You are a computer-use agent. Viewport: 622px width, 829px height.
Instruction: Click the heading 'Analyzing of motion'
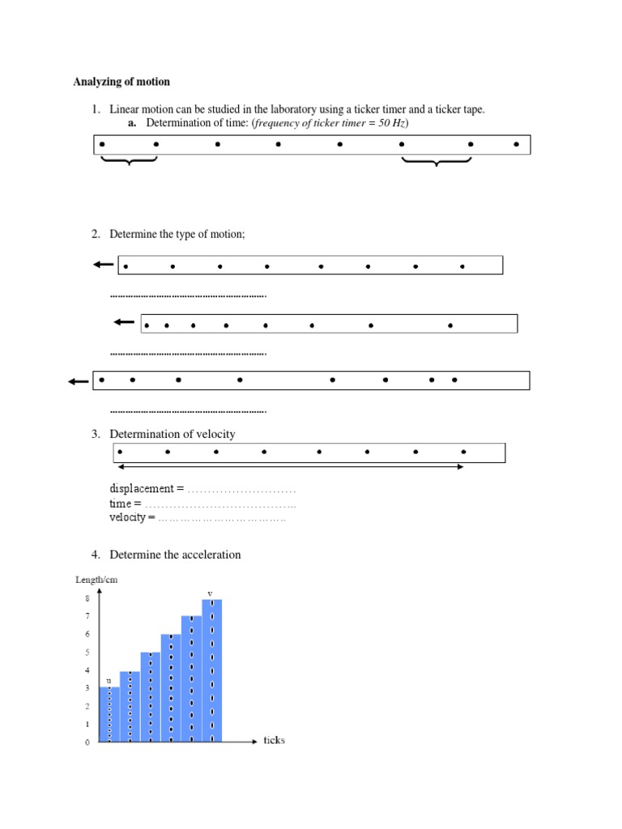pos(121,82)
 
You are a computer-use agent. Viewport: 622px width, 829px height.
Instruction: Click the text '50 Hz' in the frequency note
pos(392,123)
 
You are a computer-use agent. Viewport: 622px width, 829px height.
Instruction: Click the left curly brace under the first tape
pos(129,162)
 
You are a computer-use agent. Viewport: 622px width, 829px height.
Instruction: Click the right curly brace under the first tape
pos(437,163)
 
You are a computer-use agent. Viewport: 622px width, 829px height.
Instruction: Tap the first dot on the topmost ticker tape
pos(102,145)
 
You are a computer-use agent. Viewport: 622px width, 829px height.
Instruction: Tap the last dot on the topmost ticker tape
pos(517,145)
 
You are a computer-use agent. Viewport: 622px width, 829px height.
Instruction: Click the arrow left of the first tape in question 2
pos(103,265)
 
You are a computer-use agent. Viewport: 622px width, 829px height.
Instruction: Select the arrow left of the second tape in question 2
pos(123,323)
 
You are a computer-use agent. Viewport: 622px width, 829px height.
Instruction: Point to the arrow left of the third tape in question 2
pos(79,382)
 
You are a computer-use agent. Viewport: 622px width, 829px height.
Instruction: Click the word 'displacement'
pos(142,489)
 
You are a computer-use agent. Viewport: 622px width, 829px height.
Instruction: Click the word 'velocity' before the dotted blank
pos(129,517)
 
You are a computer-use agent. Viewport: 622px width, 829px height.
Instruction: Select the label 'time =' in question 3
pos(120,504)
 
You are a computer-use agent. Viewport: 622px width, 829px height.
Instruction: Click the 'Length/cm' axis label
pos(96,580)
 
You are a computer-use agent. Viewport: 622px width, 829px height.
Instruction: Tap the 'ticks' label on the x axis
pos(274,740)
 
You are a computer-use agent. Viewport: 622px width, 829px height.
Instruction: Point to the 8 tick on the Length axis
pos(87,599)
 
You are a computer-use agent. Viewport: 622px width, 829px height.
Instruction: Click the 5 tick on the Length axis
pos(87,653)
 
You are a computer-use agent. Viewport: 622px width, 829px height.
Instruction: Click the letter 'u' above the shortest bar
pos(109,681)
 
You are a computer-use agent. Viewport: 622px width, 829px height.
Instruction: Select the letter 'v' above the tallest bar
pos(210,593)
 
